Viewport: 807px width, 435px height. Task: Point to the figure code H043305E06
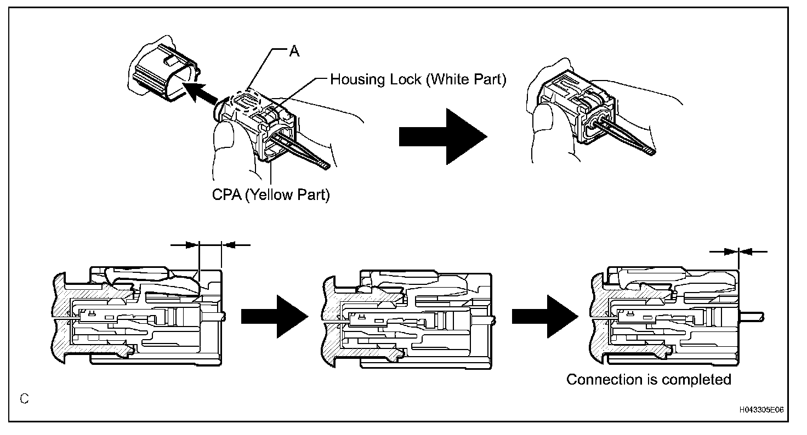[x=761, y=409]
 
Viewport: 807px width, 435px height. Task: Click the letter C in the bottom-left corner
[x=25, y=399]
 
